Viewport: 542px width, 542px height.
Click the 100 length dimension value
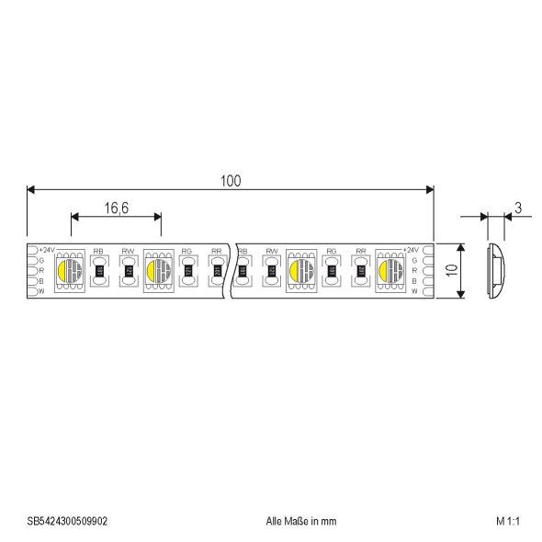[230, 181]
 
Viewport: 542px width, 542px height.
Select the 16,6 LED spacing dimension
[116, 209]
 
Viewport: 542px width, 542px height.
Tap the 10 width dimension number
[448, 270]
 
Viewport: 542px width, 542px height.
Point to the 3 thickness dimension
[518, 209]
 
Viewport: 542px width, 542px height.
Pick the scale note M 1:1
[507, 520]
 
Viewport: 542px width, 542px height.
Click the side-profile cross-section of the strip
[494, 270]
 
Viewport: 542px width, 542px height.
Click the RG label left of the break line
[186, 251]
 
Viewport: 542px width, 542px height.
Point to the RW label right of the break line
[272, 251]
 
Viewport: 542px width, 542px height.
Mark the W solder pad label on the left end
[42, 291]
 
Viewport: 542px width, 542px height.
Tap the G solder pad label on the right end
[415, 261]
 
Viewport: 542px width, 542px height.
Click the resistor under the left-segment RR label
[216, 271]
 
